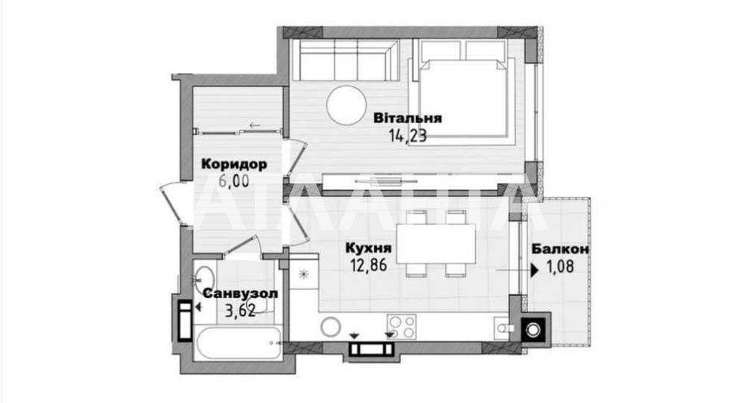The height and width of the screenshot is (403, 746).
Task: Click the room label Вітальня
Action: (407, 118)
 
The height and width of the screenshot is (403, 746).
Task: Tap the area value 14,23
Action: (408, 136)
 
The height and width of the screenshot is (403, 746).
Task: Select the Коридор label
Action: (234, 165)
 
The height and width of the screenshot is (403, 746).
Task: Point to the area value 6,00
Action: (234, 181)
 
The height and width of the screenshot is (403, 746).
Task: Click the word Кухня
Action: (369, 247)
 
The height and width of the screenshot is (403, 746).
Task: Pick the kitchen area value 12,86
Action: (369, 264)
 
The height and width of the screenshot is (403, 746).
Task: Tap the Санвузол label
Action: (240, 293)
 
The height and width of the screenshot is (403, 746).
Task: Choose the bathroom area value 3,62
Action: (240, 311)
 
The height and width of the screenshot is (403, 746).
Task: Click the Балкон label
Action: (560, 249)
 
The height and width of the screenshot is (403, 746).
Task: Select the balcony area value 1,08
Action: (560, 267)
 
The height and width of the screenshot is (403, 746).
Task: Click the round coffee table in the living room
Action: (346, 105)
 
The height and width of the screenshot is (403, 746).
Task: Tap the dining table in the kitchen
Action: (436, 244)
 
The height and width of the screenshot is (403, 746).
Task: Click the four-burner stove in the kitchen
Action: (401, 327)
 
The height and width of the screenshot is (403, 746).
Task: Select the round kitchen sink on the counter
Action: (330, 327)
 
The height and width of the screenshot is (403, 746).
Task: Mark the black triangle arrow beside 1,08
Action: (535, 270)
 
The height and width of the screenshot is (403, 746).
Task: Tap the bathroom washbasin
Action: (204, 277)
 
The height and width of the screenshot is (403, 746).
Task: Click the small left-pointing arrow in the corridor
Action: (255, 126)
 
